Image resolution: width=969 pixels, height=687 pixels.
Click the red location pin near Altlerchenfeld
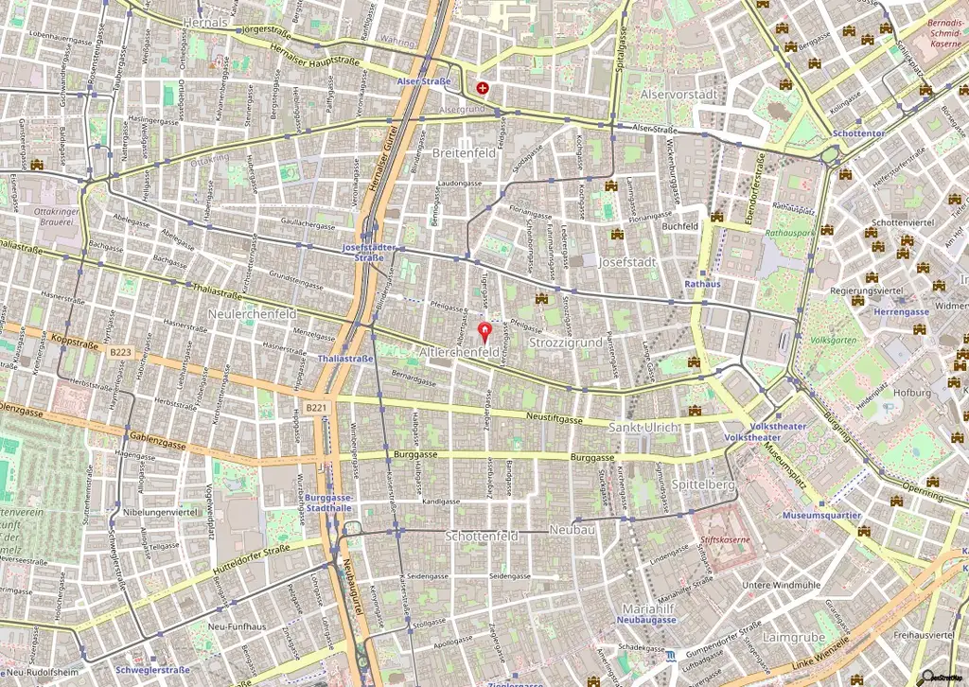tap(486, 331)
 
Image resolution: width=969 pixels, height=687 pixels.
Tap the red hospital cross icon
tap(484, 88)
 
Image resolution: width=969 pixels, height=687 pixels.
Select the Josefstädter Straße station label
tap(368, 252)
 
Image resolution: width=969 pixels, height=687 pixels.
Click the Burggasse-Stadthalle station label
tap(329, 502)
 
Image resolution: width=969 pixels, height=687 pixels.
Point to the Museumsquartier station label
tap(821, 516)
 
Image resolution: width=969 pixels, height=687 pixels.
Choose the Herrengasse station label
tap(901, 311)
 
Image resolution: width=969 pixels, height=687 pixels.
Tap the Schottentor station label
tap(859, 133)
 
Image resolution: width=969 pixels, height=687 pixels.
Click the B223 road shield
tap(120, 352)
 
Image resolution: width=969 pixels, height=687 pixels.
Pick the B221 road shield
tap(316, 408)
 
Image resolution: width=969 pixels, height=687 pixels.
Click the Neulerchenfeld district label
tap(252, 313)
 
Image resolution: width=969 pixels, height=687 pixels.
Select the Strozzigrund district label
tap(566, 342)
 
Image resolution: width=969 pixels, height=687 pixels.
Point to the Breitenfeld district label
tap(464, 152)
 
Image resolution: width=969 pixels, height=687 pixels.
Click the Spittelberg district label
tap(704, 484)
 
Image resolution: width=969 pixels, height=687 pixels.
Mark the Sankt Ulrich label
tap(643, 427)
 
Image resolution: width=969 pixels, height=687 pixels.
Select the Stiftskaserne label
tap(718, 544)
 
